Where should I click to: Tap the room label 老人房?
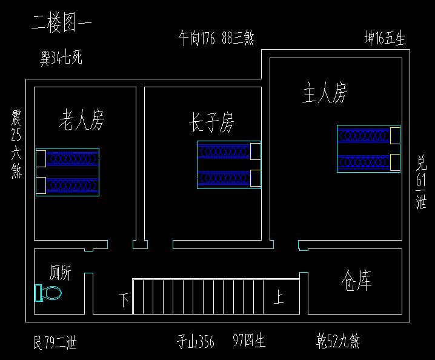click(81, 120)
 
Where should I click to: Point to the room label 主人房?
click(325, 93)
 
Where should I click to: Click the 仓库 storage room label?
click(356, 281)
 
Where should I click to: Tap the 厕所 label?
click(60, 273)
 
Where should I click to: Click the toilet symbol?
click(48, 293)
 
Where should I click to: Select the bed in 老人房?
click(67, 172)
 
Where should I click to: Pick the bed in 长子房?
click(229, 164)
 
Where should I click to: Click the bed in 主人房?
click(368, 148)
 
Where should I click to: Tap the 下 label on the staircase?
click(124, 300)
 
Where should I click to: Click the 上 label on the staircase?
click(278, 298)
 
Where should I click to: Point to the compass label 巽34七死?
click(61, 59)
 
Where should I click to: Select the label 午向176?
click(197, 39)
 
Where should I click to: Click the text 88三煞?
click(237, 39)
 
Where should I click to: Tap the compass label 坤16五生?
click(385, 38)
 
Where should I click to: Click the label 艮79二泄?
click(55, 343)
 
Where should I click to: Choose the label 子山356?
click(195, 342)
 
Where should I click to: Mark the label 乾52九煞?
click(338, 342)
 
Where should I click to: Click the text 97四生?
click(248, 342)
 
